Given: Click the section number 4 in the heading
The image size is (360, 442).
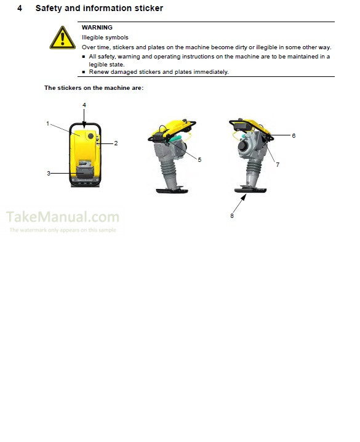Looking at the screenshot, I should pyautogui.click(x=20, y=9).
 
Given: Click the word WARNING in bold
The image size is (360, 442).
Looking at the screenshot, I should pyautogui.click(x=97, y=28).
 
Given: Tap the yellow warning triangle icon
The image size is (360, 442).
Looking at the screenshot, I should pyautogui.click(x=63, y=38).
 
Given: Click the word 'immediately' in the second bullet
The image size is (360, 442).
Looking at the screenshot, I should pyautogui.click(x=211, y=72).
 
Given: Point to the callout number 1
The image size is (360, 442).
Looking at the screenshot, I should pyautogui.click(x=47, y=124).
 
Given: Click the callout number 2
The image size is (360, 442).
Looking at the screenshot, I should pyautogui.click(x=116, y=143).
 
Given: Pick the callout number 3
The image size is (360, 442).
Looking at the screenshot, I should pyautogui.click(x=49, y=174).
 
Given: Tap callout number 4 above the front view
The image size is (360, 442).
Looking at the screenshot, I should pyautogui.click(x=84, y=105).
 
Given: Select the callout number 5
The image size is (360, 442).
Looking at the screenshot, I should pyautogui.click(x=199, y=159).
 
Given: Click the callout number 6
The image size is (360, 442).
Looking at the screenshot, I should pyautogui.click(x=294, y=135).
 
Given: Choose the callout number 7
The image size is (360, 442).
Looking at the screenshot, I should pyautogui.click(x=278, y=165).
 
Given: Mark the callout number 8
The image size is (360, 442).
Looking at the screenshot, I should pyautogui.click(x=232, y=215).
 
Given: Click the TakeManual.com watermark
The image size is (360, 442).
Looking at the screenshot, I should pyautogui.click(x=63, y=217).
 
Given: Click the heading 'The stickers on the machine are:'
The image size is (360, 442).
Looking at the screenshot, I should pyautogui.click(x=94, y=88).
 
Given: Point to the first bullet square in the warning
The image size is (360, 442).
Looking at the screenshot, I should pyautogui.click(x=84, y=57).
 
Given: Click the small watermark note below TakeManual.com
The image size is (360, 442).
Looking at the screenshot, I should pyautogui.click(x=63, y=230).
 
